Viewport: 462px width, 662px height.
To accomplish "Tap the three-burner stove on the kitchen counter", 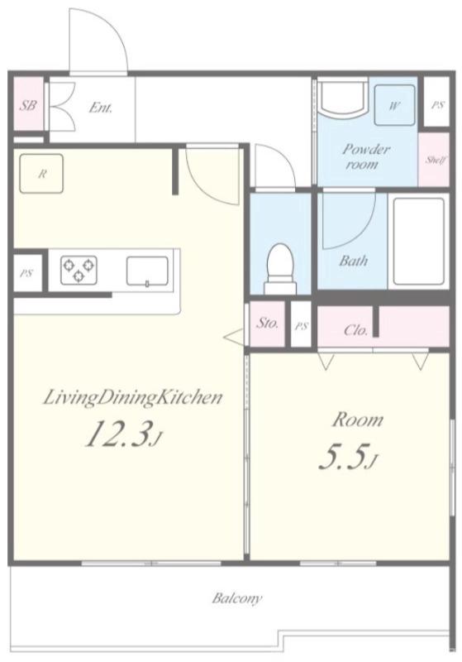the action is (79, 270).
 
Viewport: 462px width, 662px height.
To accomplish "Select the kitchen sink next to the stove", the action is (148, 271).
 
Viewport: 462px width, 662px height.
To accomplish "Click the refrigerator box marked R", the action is (41, 174).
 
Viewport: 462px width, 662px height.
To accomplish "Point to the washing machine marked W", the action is (394, 105).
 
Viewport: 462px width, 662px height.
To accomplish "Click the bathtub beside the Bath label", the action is (418, 241).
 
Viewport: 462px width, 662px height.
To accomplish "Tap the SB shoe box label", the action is (28, 105).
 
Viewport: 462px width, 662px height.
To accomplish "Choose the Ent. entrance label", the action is (101, 108).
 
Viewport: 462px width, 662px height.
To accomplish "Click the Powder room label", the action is (365, 156).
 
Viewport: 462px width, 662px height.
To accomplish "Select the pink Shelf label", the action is (436, 160).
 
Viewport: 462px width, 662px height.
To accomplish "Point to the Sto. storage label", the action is (268, 324).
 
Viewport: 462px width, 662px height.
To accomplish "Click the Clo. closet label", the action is (356, 329).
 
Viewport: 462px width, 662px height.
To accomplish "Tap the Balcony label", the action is (237, 598).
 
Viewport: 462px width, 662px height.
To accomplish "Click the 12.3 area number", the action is (118, 434).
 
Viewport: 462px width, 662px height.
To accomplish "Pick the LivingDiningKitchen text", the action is (133, 398).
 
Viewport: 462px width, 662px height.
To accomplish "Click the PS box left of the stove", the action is (27, 273).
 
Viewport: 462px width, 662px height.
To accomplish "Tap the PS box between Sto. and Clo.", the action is (302, 325).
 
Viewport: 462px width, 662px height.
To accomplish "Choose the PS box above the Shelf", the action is (437, 105).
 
